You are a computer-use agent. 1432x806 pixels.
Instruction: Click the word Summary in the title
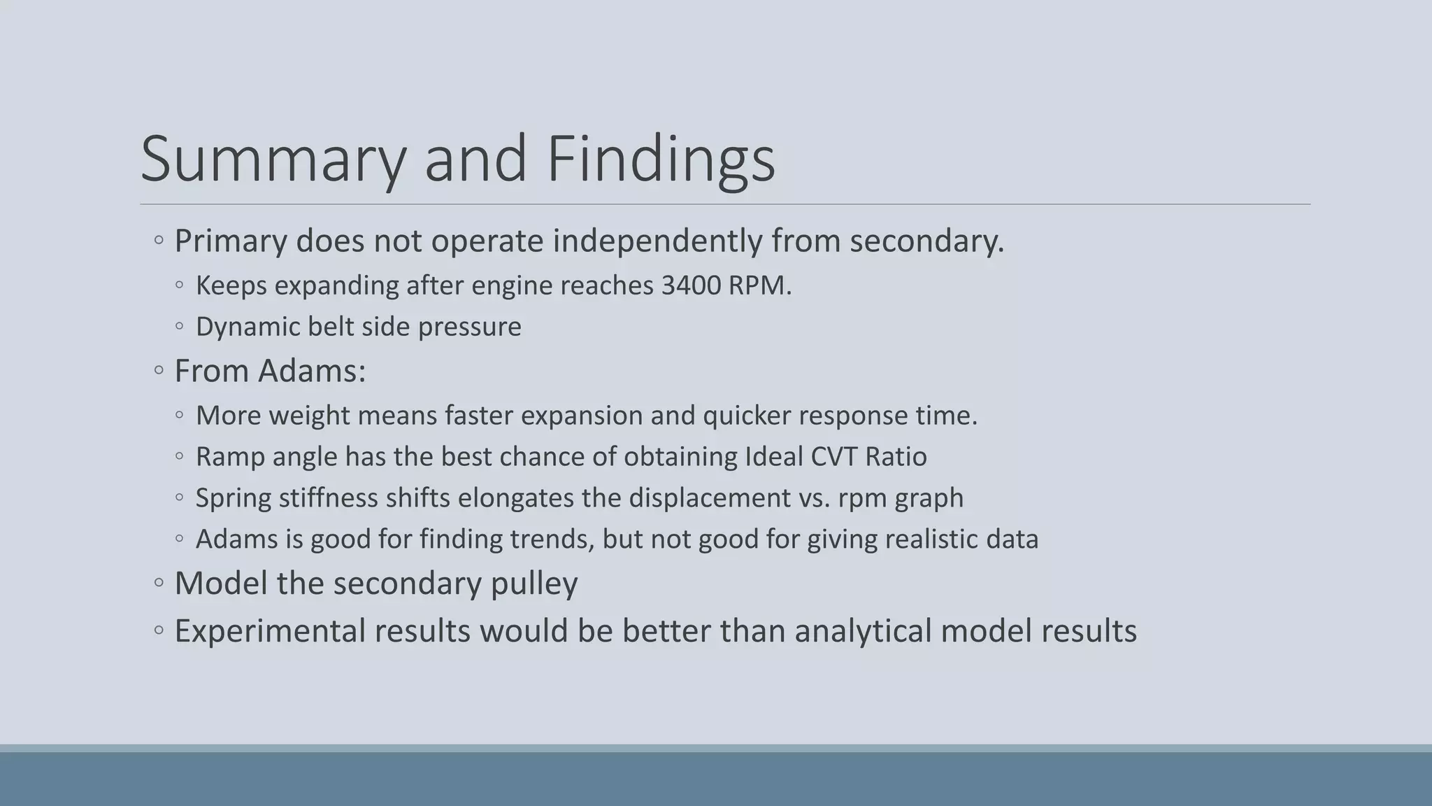273,160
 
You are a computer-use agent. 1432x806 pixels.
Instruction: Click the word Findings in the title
660,160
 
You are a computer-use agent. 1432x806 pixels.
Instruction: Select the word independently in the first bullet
657,241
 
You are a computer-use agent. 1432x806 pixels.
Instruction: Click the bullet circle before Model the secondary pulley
159,583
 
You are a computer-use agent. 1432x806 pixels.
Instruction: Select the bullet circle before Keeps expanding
180,285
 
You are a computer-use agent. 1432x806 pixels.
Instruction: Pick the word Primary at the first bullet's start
230,241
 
